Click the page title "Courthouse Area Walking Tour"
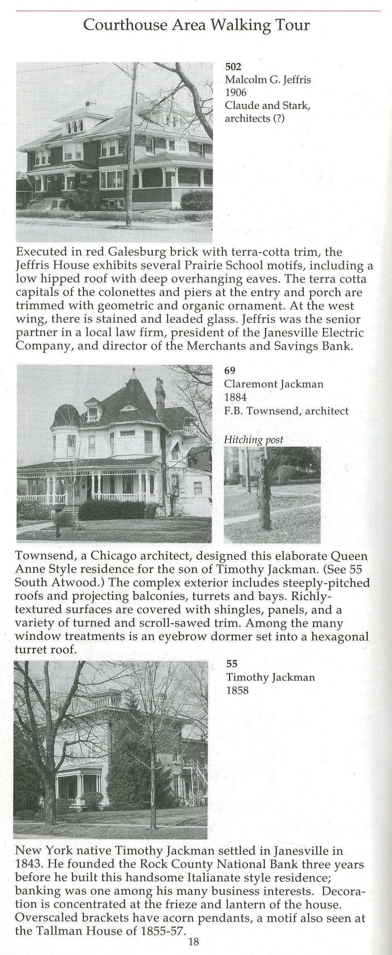tap(196, 25)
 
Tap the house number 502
tap(233, 67)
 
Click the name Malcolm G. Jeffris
tap(268, 80)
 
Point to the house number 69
tap(230, 370)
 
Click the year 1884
tap(235, 397)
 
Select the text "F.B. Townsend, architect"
tap(286, 411)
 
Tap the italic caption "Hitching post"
tap(253, 439)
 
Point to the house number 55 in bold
tap(232, 663)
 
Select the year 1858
tap(237, 690)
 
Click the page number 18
tap(194, 942)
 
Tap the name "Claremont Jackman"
tap(274, 384)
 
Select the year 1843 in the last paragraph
tap(28, 864)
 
